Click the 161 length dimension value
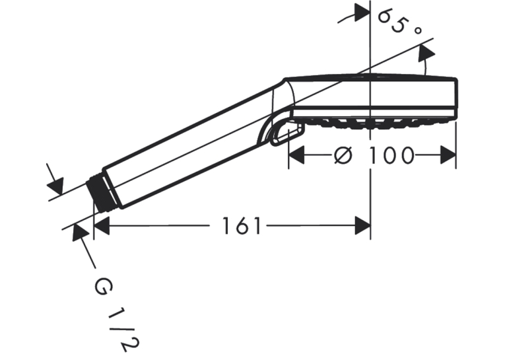pos(241,226)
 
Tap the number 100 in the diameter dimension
pos(391,155)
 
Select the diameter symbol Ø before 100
pos(343,155)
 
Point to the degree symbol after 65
pos(417,30)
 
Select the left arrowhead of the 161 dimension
pos(102,226)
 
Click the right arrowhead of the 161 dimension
pos(363,226)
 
